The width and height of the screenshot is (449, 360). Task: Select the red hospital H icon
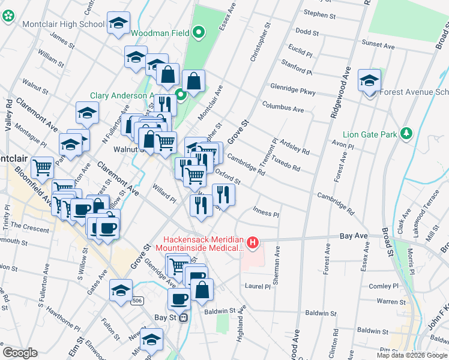click(x=253, y=242)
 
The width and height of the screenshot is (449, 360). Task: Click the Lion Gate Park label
click(x=370, y=134)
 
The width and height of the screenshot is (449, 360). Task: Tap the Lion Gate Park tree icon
click(x=406, y=133)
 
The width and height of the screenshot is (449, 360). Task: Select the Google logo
click(x=20, y=353)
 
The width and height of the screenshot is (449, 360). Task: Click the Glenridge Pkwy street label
click(x=292, y=86)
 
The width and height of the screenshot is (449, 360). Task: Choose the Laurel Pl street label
click(x=258, y=286)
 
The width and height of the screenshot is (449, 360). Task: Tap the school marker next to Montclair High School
click(x=118, y=24)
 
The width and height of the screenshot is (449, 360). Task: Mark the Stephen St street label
click(x=319, y=13)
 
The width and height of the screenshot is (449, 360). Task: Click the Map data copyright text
click(x=412, y=355)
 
